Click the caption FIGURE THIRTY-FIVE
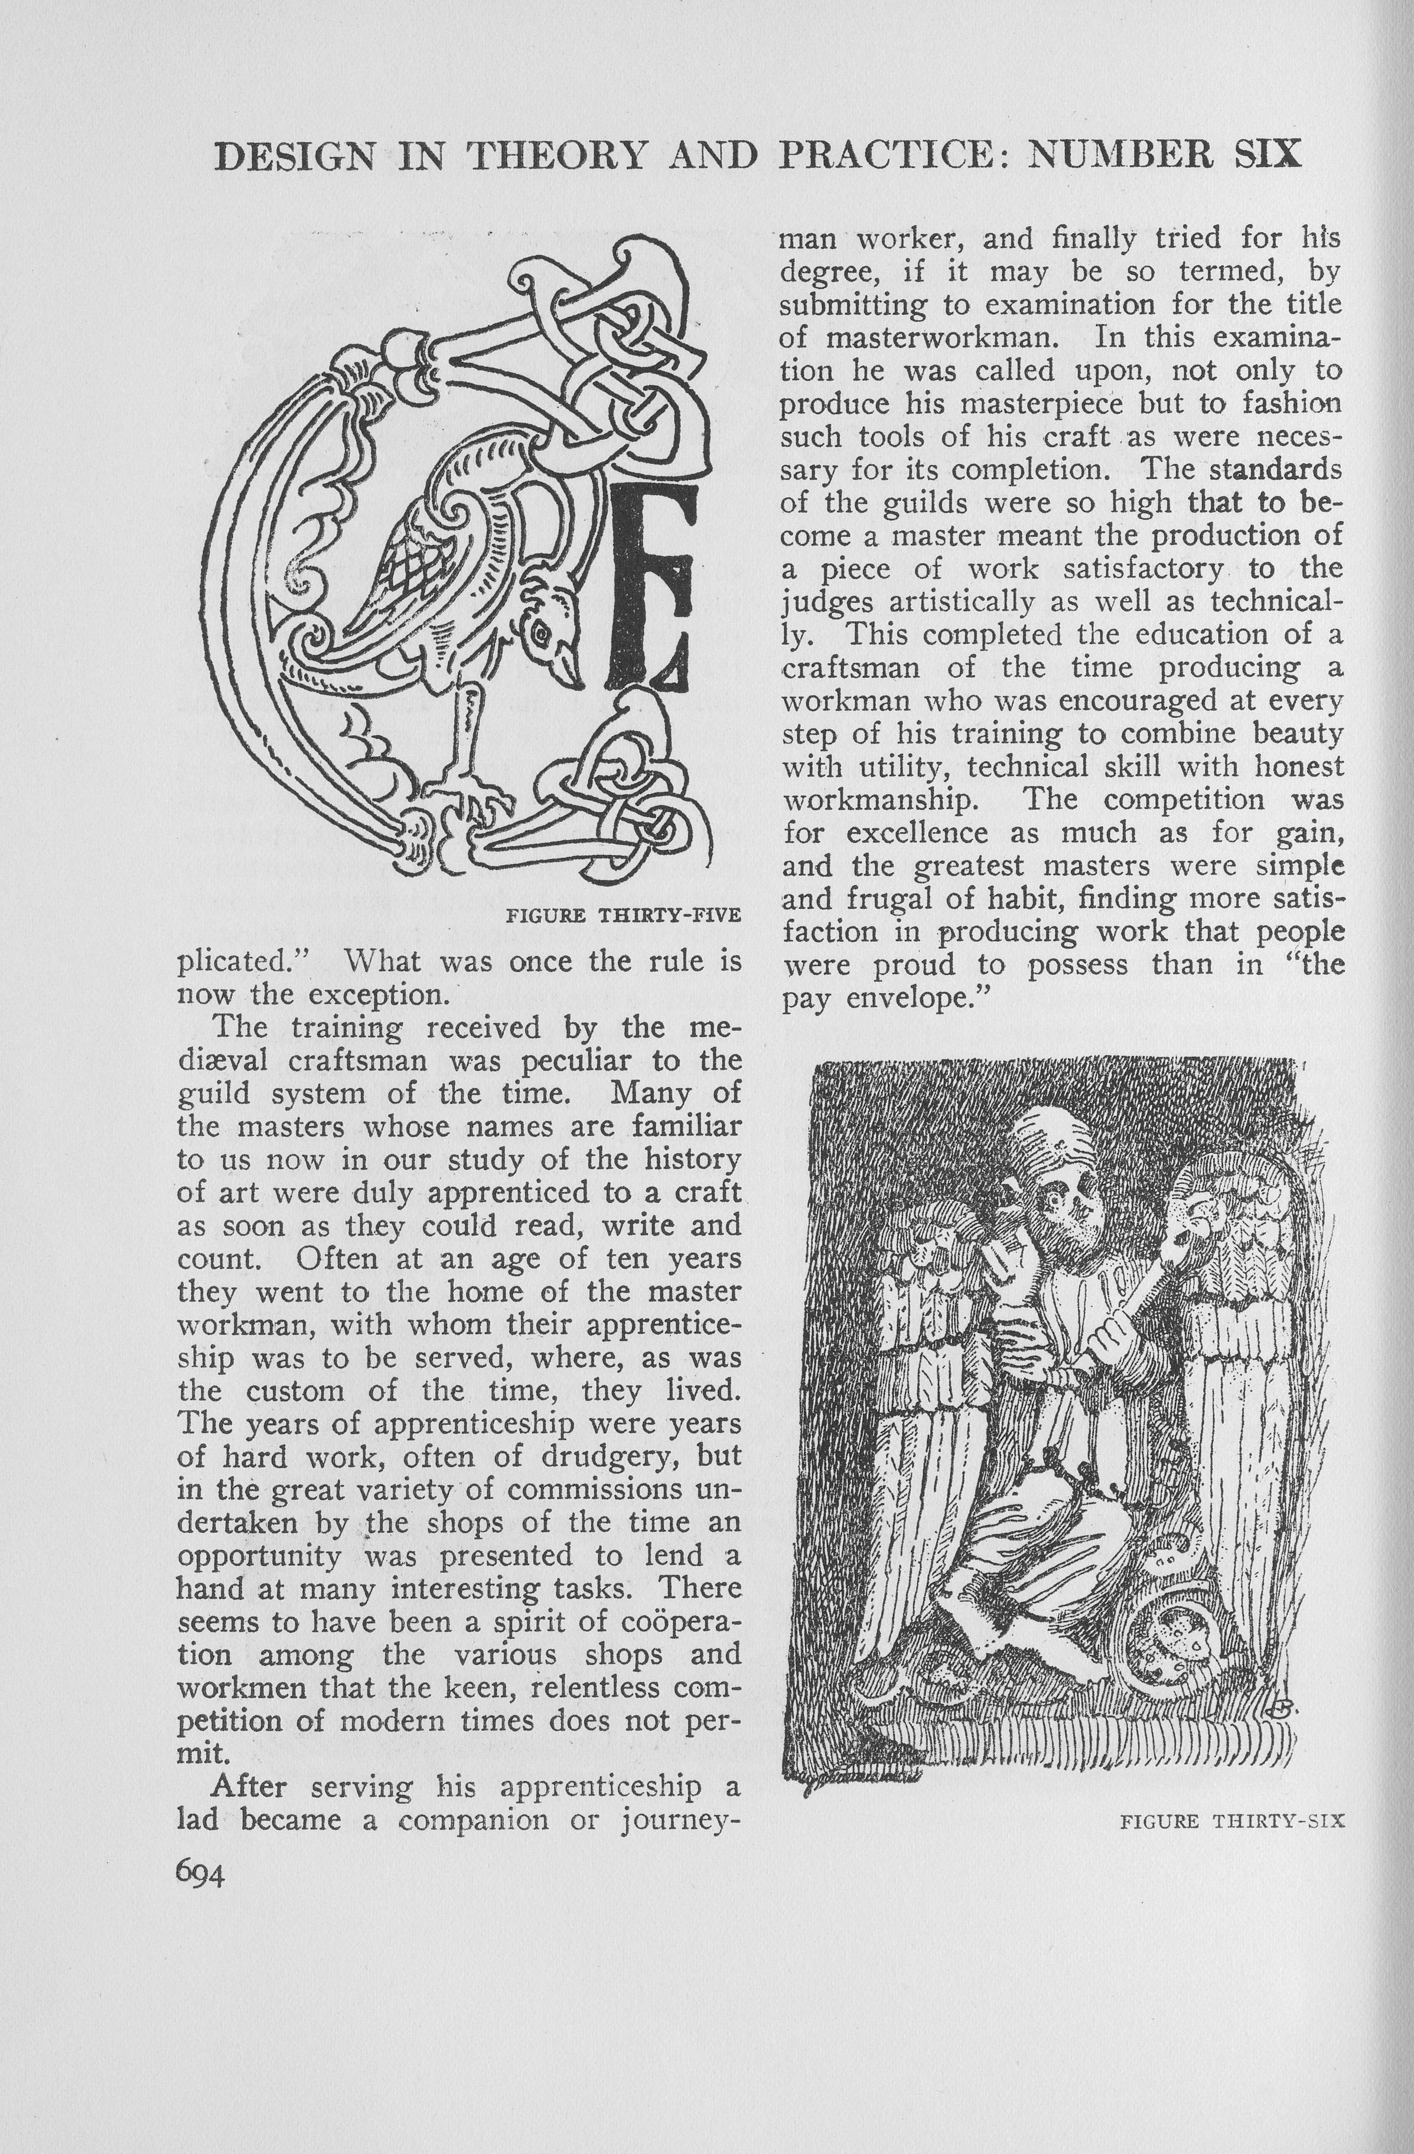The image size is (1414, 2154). pyautogui.click(x=624, y=915)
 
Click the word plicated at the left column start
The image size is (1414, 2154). pyautogui.click(x=243, y=962)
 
